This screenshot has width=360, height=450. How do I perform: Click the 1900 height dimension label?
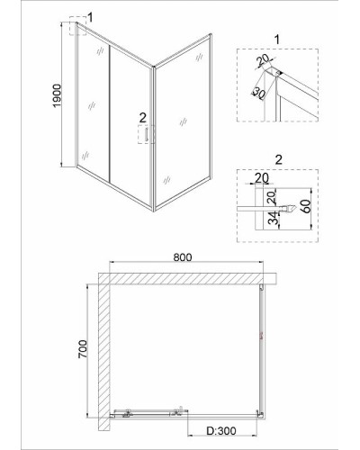point(57,95)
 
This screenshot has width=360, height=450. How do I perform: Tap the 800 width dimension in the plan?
point(183,257)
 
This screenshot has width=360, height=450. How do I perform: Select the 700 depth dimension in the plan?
point(83,349)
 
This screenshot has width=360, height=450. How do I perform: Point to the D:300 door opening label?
point(221,431)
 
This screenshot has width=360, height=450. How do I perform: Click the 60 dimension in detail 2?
point(306,206)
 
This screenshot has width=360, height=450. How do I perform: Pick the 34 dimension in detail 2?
point(273,218)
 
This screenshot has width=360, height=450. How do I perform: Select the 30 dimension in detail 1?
point(258,93)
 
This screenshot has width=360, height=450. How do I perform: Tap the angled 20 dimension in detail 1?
point(263,61)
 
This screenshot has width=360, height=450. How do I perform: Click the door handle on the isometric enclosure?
point(147,134)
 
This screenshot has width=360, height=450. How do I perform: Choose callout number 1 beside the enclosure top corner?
point(90,18)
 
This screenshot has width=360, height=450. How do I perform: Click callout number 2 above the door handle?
point(143,118)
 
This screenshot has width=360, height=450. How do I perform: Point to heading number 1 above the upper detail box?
point(277,40)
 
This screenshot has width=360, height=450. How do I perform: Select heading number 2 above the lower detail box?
point(279,160)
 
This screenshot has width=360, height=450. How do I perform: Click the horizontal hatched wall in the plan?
point(187,278)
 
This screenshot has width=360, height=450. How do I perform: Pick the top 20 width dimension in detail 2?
point(262,177)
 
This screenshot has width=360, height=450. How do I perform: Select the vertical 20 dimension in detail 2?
point(271,198)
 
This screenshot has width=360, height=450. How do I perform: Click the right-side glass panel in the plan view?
point(262,351)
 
